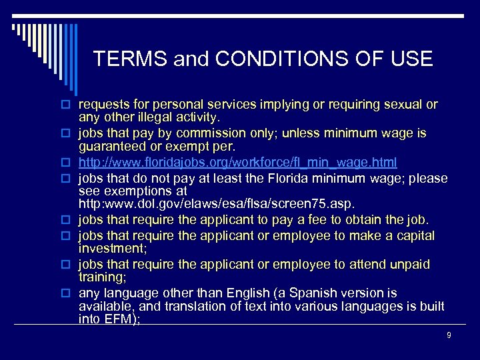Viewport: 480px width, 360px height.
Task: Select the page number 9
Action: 449,335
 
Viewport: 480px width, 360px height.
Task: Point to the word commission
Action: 201,133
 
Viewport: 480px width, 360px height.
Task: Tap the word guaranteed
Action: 110,146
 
